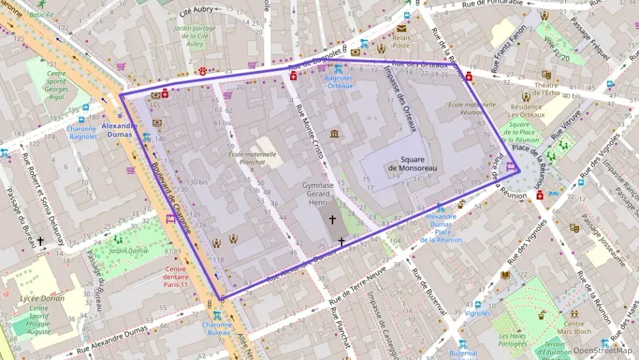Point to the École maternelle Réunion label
pos(472,109)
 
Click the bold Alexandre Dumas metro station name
pos(119,126)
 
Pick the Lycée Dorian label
pos(43,299)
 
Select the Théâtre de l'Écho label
pos(546,89)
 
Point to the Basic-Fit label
pos(41,14)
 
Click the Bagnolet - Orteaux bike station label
pos(339,82)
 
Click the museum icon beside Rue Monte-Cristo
pos(335,133)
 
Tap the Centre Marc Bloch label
pos(573,328)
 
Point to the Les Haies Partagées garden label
pos(513,340)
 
